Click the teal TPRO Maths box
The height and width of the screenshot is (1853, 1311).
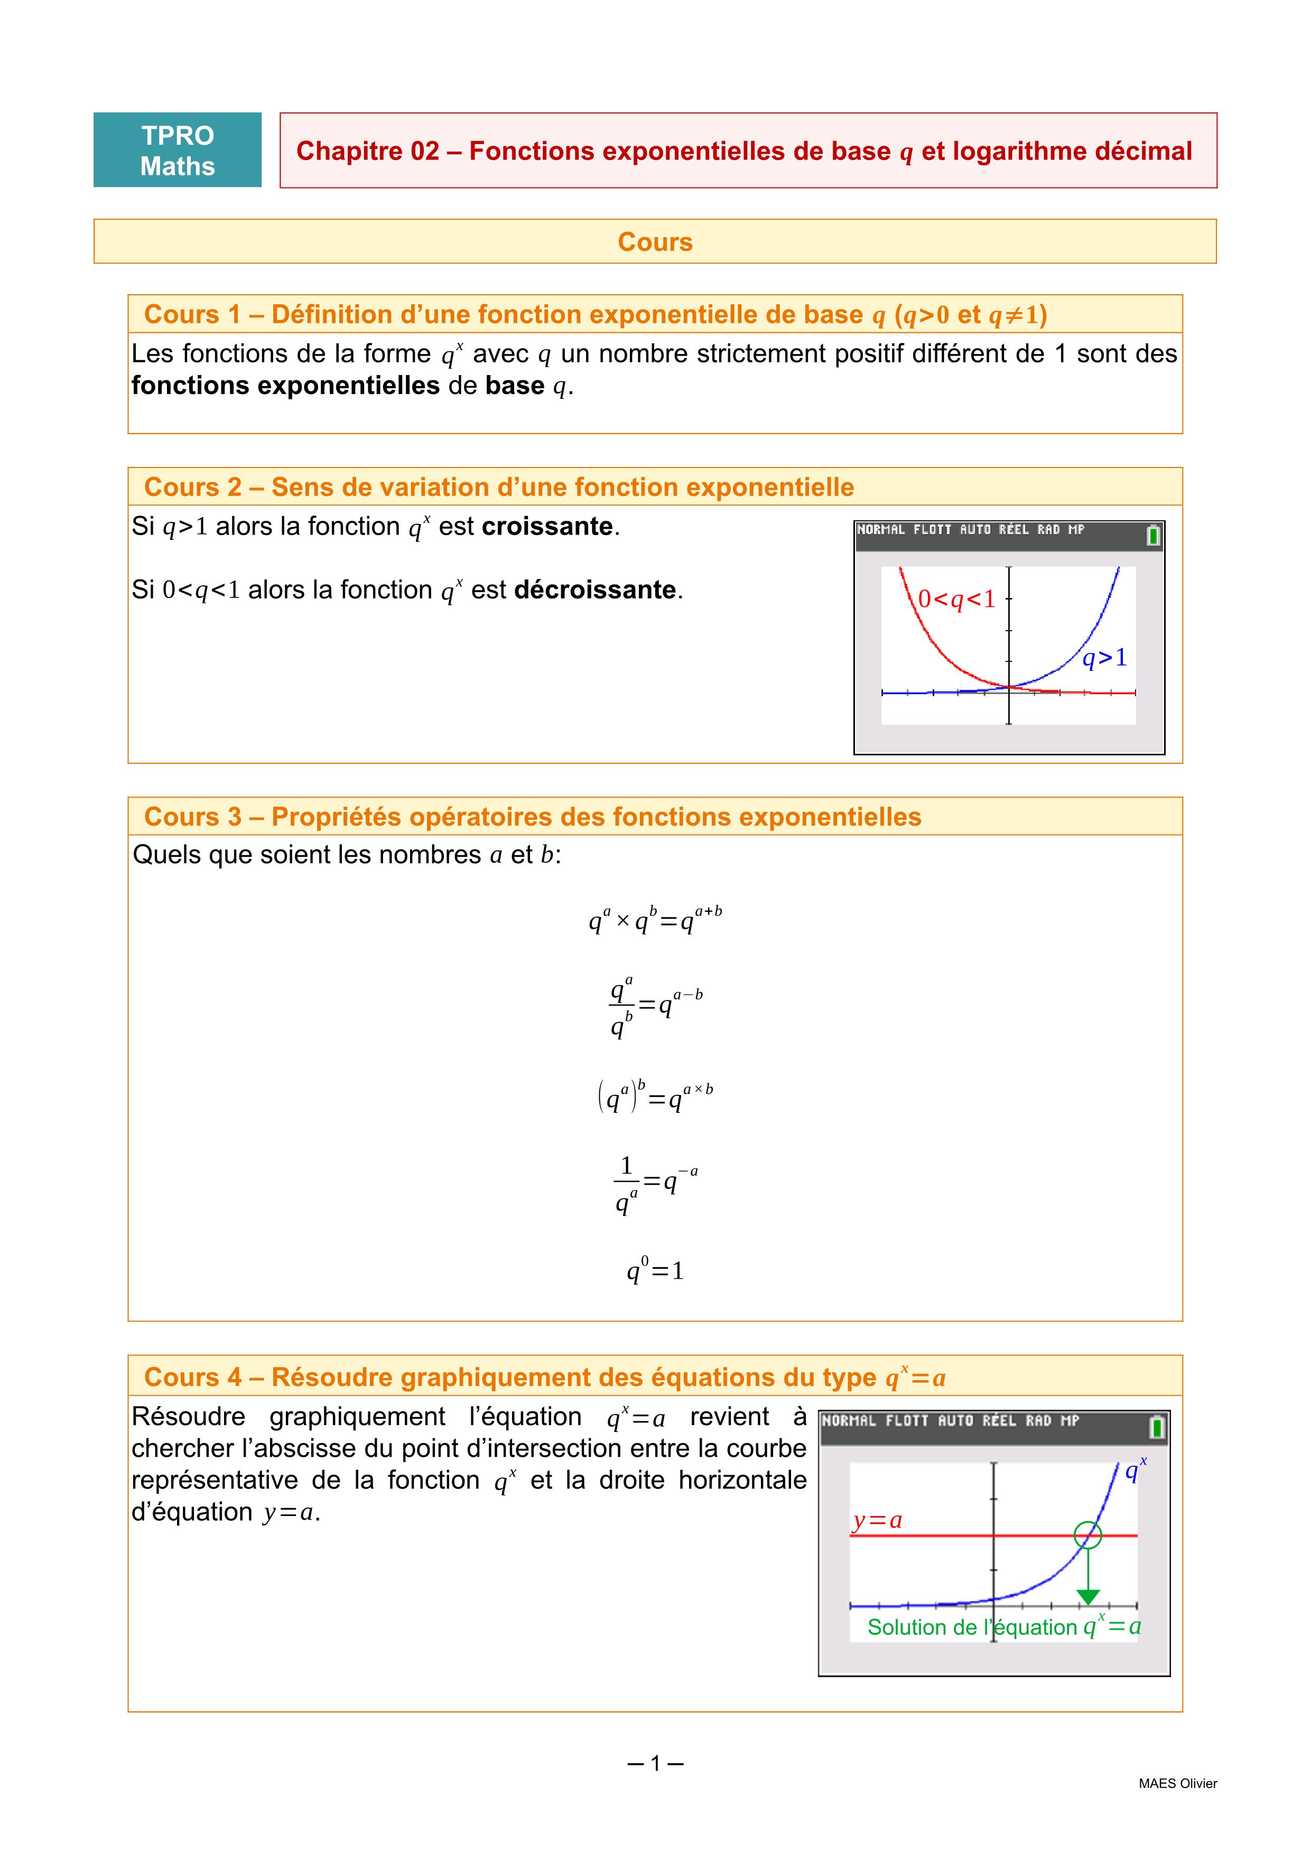(178, 150)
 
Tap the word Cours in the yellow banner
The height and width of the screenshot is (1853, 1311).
(655, 242)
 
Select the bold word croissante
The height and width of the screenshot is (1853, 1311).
(547, 526)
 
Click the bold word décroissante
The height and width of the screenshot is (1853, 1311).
(594, 590)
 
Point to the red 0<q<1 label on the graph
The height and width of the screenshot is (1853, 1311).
(956, 600)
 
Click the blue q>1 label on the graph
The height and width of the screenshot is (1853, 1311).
(1104, 659)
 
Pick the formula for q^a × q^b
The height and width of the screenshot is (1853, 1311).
(655, 920)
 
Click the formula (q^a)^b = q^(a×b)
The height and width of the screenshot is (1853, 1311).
(655, 1096)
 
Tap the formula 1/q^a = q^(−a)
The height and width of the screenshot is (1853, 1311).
(655, 1183)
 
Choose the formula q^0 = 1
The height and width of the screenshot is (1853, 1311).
(655, 1270)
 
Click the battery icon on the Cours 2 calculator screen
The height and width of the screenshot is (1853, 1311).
(1154, 535)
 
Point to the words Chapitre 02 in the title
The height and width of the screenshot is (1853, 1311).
(367, 151)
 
